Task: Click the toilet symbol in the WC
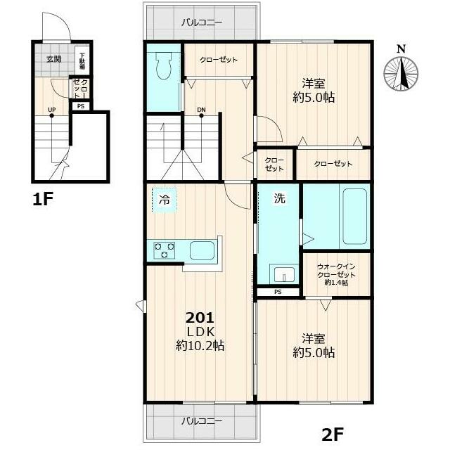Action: click(x=163, y=67)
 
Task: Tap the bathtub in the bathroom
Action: click(x=354, y=216)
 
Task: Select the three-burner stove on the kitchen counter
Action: click(x=165, y=250)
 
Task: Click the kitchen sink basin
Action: click(x=202, y=250)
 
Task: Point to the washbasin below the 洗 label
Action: click(x=284, y=275)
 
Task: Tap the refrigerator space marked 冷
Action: click(x=165, y=200)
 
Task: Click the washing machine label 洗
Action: click(x=280, y=198)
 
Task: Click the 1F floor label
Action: click(x=43, y=199)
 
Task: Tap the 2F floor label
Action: click(x=333, y=435)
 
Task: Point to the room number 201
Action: click(x=200, y=318)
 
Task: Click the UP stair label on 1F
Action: click(x=51, y=110)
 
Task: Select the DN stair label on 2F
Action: click(x=202, y=110)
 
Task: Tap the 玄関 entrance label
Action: click(x=53, y=59)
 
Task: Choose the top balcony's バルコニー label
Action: click(x=202, y=22)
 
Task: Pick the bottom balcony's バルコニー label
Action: click(x=202, y=421)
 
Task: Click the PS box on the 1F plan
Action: click(x=81, y=106)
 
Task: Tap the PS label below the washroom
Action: click(x=278, y=292)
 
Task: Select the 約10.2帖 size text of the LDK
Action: click(x=200, y=345)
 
